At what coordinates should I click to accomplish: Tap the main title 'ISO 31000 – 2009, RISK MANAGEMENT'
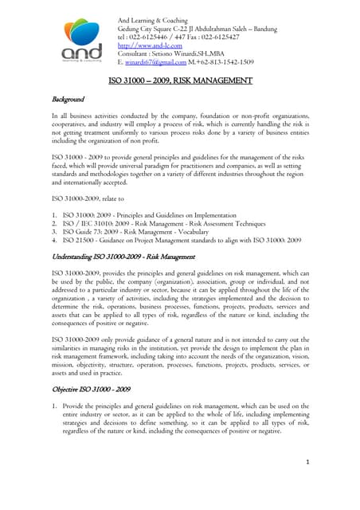[x=180, y=80]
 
